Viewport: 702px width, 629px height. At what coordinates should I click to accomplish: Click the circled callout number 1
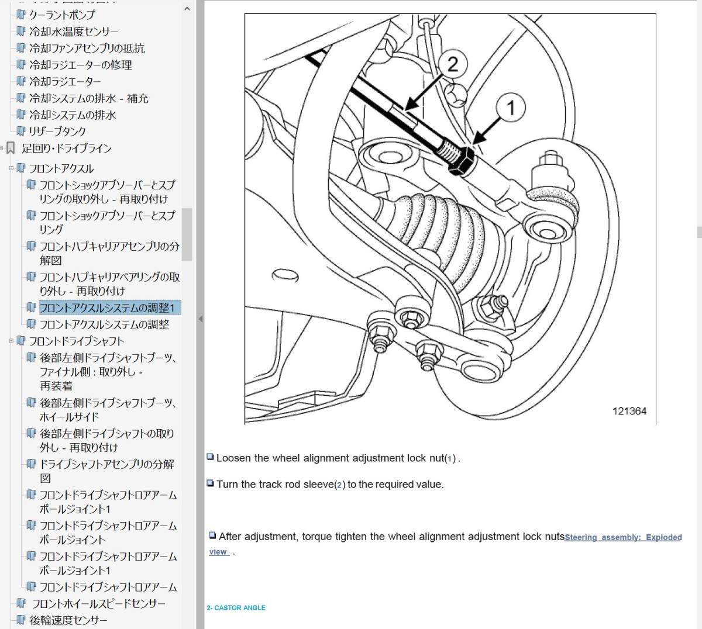point(510,108)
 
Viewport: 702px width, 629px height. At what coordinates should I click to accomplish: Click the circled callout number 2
point(453,64)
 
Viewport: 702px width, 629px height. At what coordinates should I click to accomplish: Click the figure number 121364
point(629,411)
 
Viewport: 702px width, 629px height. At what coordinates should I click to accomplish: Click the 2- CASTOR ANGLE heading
point(236,608)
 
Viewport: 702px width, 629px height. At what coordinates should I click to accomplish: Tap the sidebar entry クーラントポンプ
point(62,15)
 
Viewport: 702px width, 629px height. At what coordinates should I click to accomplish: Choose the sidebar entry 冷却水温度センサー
point(74,32)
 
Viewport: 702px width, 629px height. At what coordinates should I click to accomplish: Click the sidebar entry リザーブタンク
point(57,132)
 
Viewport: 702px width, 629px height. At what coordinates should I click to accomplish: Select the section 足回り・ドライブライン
point(67,148)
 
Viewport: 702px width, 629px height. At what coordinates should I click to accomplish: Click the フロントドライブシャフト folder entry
point(77,341)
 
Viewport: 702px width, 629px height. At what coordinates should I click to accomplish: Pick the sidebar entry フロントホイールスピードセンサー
point(99,604)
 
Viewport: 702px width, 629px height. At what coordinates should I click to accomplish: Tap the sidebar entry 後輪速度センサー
point(68,620)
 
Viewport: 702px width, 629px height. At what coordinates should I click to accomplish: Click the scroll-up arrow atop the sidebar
point(187,9)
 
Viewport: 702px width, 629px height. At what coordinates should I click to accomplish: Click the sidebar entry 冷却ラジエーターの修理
point(80,65)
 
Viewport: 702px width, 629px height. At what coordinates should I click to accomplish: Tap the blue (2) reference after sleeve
point(339,485)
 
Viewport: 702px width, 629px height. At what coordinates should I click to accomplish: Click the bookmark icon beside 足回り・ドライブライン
point(11,148)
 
